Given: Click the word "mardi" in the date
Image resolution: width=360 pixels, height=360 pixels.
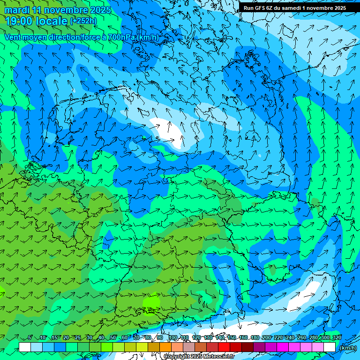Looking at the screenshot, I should [x=17, y=10].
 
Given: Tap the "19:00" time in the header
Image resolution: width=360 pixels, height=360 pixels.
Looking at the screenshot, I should [x=18, y=21].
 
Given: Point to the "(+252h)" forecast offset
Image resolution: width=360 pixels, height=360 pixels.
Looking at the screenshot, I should [x=83, y=21].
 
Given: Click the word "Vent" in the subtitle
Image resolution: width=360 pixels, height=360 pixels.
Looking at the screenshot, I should [x=14, y=37].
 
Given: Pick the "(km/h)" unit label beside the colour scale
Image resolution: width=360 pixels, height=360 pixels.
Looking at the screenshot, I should [x=348, y=348].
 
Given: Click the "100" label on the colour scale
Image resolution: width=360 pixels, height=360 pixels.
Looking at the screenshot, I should [x=173, y=337].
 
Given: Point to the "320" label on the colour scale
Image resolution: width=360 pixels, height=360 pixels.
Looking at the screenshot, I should [x=337, y=337].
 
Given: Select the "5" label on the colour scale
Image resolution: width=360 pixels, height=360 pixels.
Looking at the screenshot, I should [x=30, y=337].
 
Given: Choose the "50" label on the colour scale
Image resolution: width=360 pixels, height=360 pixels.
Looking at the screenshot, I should [x=113, y=337].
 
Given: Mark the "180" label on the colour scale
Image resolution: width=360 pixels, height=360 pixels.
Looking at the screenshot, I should [x=255, y=337].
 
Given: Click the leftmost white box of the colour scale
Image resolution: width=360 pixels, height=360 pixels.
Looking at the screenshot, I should [x=25, y=347].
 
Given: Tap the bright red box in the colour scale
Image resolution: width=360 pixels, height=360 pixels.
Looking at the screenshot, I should [x=224, y=347].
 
